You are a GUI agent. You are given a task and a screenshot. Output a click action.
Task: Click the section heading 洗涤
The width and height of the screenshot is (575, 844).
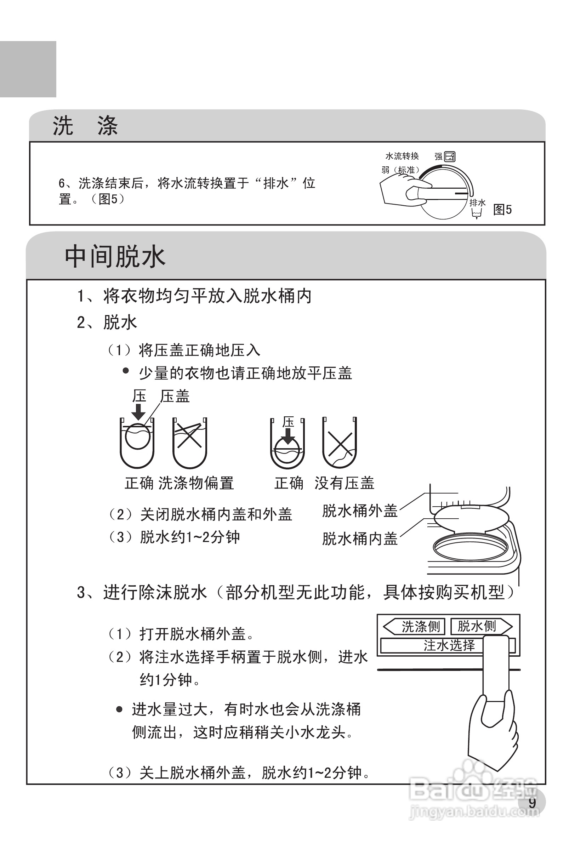[x=85, y=126]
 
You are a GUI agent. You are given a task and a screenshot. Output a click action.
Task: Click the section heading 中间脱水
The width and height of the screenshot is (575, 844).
[x=115, y=257]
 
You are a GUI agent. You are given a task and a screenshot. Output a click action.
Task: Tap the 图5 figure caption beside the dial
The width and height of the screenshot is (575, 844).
[x=502, y=210]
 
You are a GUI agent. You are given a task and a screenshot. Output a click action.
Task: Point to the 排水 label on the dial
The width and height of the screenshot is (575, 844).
[x=477, y=203]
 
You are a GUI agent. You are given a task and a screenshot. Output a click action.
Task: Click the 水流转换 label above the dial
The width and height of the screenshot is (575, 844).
[x=402, y=156]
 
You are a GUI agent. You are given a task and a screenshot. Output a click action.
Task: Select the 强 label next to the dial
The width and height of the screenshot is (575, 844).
[x=439, y=156]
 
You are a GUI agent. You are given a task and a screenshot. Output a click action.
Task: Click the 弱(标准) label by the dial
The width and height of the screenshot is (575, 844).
[x=400, y=170]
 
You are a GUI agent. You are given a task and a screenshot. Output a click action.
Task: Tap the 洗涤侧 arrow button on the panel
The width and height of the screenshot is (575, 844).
[x=414, y=627]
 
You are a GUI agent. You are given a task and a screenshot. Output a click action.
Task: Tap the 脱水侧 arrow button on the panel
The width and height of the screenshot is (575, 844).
[x=480, y=626]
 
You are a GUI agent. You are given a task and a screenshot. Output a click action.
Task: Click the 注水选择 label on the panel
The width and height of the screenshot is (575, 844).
[x=449, y=645]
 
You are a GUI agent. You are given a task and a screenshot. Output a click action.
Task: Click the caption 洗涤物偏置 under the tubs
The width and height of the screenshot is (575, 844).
[x=196, y=483]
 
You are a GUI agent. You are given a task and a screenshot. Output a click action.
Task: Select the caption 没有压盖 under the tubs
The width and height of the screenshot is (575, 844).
[x=344, y=483]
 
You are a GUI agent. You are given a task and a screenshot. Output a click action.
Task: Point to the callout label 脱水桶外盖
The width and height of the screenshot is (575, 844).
[x=360, y=511]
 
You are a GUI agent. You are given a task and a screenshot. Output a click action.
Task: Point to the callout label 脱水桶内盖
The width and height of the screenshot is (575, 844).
[x=360, y=538]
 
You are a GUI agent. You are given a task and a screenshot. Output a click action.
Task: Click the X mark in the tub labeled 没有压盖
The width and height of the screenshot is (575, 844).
[x=340, y=445]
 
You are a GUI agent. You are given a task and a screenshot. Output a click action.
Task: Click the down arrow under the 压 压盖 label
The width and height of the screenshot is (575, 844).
[x=138, y=412]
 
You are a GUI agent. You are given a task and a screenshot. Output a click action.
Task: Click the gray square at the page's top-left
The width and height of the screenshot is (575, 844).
[x=28, y=69]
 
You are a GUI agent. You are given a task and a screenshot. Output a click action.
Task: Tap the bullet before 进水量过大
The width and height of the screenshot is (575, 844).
[x=119, y=709]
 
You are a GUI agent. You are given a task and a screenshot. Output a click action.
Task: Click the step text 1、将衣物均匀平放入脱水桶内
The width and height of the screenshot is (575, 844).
[x=194, y=296]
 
